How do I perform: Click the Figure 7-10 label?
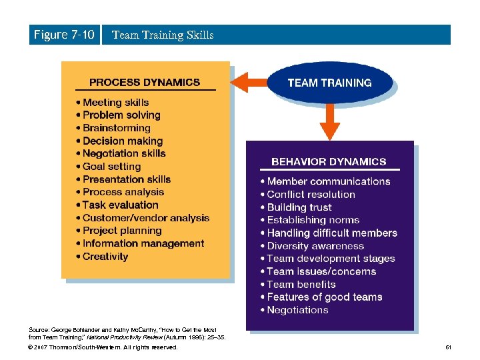pyautogui.click(x=64, y=35)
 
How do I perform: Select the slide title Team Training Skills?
pyautogui.click(x=163, y=35)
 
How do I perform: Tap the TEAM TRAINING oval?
pyautogui.click(x=329, y=83)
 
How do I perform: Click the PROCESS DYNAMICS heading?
pyautogui.click(x=145, y=83)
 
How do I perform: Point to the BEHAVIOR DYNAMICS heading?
pyautogui.click(x=329, y=161)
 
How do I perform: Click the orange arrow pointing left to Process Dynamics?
pyautogui.click(x=250, y=83)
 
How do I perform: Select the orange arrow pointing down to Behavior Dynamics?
pyautogui.click(x=329, y=123)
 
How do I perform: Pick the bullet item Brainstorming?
pyautogui.click(x=117, y=128)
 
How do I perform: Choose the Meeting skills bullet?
pyautogui.click(x=115, y=103)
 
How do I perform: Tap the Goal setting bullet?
pyautogui.click(x=111, y=167)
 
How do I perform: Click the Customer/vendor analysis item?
pyautogui.click(x=146, y=218)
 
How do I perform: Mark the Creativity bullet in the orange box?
pyautogui.click(x=105, y=257)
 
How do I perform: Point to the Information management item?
pyautogui.click(x=143, y=243)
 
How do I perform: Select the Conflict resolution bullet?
pyautogui.click(x=311, y=195)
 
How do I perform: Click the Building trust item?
pyautogui.click(x=299, y=207)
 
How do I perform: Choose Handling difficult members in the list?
pyautogui.click(x=332, y=233)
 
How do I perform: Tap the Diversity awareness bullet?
pyautogui.click(x=315, y=246)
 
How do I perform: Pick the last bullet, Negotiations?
pyautogui.click(x=297, y=310)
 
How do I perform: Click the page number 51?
pyautogui.click(x=448, y=347)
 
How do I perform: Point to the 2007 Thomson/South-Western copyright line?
pyautogui.click(x=103, y=347)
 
